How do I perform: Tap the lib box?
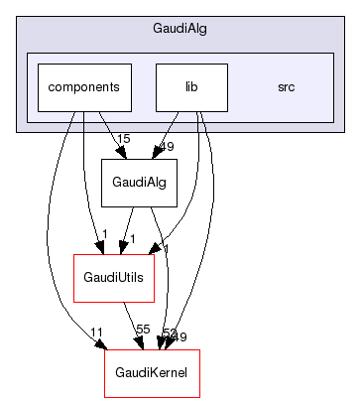[191, 86]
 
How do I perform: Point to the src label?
[286, 86]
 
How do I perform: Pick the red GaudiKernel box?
[152, 373]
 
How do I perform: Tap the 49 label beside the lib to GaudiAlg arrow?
[167, 147]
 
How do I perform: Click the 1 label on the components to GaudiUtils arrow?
[104, 235]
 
